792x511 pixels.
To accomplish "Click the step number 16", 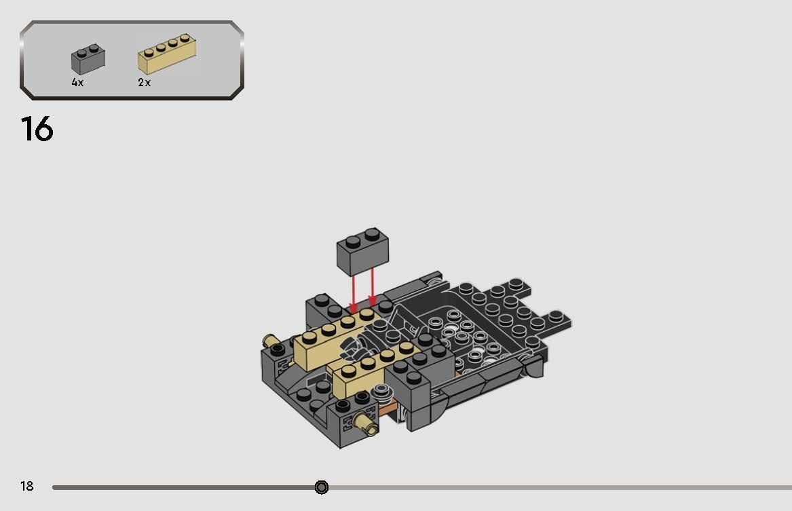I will tap(37, 128).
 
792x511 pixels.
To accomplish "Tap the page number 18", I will tap(26, 486).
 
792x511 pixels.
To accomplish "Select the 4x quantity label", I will tap(77, 82).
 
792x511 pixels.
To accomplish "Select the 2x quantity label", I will tap(144, 82).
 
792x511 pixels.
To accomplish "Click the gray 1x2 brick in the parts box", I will tap(88, 60).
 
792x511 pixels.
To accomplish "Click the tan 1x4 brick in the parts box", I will tap(167, 54).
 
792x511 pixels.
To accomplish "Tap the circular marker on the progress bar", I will tap(322, 487).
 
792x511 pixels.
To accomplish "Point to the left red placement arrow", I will tap(353, 292).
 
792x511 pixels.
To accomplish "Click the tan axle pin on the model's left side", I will tap(270, 339).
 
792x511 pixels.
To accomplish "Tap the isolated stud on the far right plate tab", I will tap(557, 315).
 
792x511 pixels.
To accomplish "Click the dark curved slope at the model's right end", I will tap(533, 366).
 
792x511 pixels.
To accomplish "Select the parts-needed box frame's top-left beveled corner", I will tap(27, 28).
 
